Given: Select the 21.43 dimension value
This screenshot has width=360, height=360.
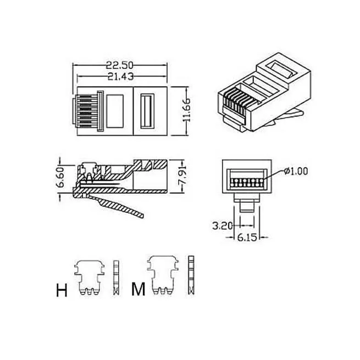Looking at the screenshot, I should click(120, 76).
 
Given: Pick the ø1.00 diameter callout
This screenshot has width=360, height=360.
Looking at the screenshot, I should click(296, 171).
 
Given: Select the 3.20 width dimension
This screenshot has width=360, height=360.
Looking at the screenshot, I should click(223, 225).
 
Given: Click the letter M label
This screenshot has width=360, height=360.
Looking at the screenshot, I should click(139, 290).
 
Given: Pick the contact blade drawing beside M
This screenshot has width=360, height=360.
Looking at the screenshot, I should click(163, 276).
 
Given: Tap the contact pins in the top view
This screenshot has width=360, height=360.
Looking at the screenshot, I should click(83, 110).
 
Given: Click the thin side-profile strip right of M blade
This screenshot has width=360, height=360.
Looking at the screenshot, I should click(191, 276).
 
